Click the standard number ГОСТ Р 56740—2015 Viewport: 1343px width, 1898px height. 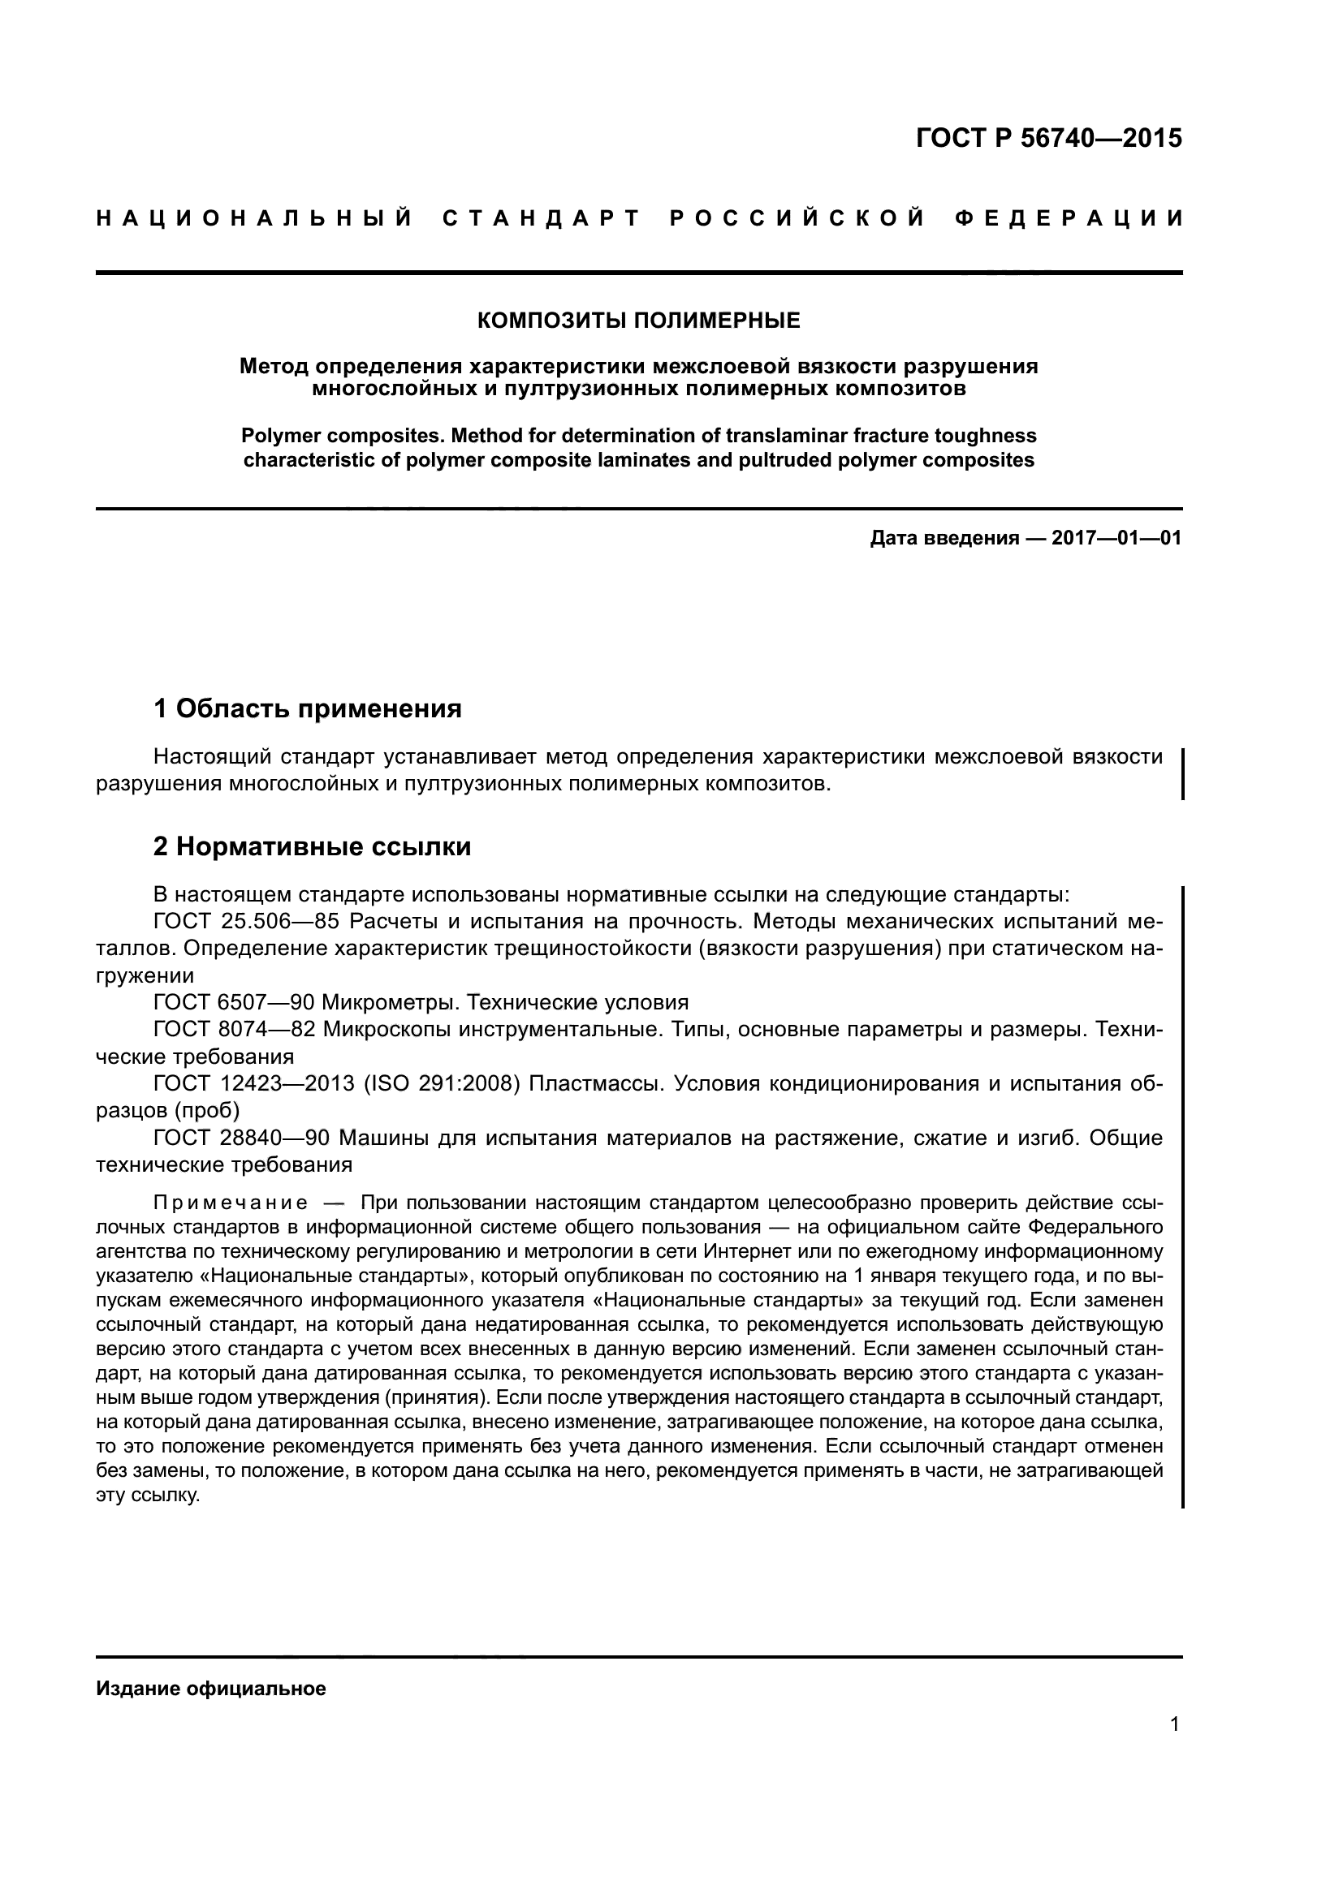pos(1048,138)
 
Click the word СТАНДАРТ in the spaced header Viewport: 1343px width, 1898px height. pos(542,218)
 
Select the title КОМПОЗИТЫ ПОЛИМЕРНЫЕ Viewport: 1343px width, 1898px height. pos(638,321)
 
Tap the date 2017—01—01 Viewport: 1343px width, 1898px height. pos(1116,539)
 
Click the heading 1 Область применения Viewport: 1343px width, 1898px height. pos(308,708)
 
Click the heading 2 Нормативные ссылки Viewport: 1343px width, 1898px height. pos(313,846)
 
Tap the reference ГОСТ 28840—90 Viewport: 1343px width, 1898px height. pos(241,1138)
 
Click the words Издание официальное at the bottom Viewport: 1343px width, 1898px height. pos(211,1689)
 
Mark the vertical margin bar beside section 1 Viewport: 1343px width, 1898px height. pos(1182,773)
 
